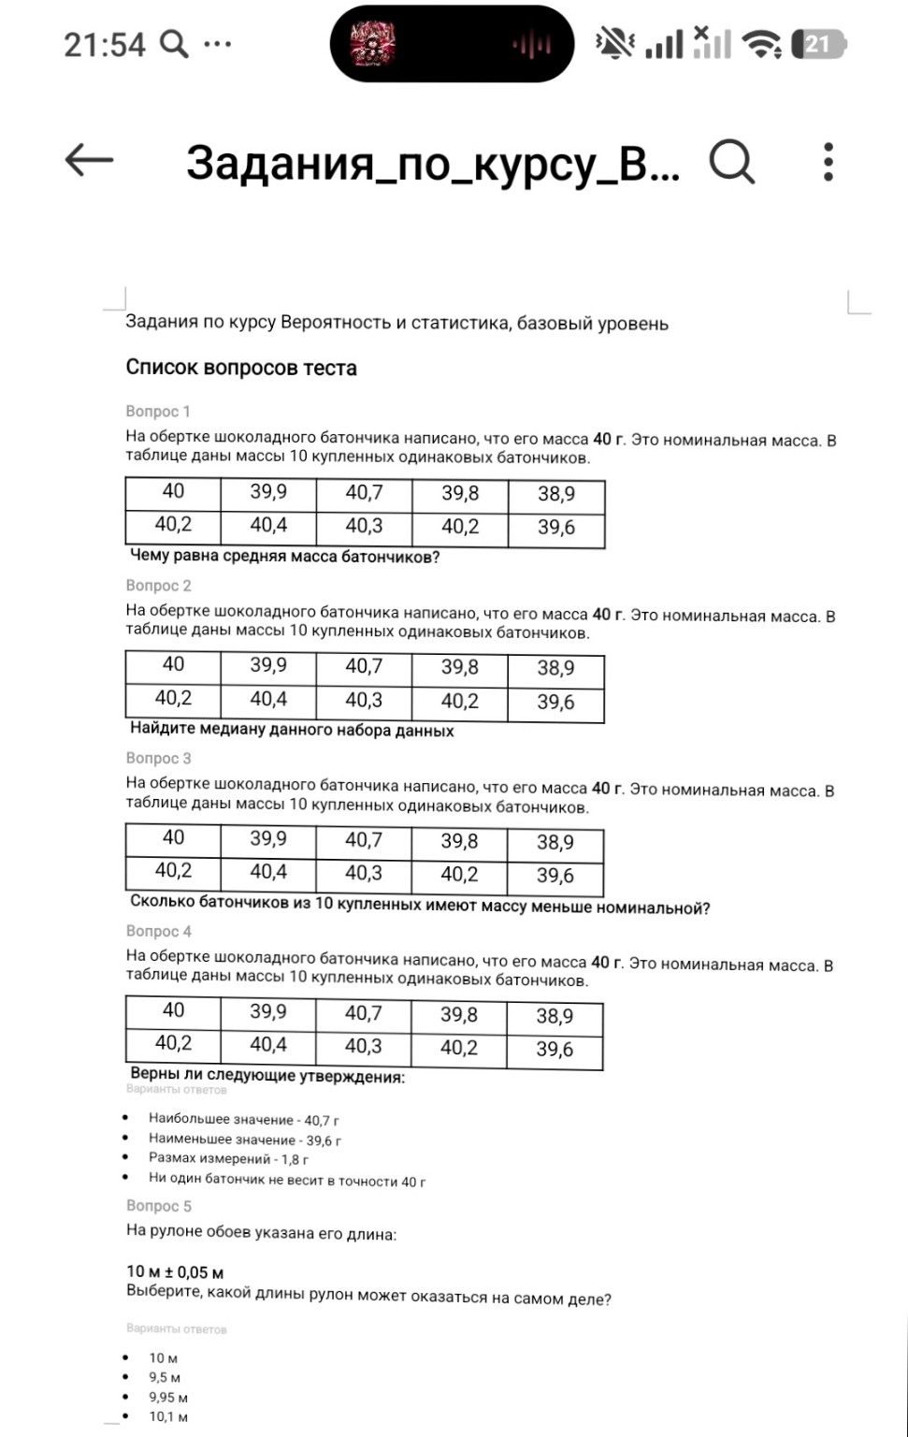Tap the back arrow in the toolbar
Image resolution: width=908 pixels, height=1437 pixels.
coord(89,161)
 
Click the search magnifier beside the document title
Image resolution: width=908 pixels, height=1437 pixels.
coord(731,162)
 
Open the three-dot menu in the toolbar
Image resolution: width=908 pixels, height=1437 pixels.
coord(828,162)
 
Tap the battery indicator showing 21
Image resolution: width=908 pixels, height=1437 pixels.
coord(818,44)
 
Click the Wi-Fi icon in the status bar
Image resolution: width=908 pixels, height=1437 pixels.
coord(761,44)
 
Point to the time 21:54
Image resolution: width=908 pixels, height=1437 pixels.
coord(105,45)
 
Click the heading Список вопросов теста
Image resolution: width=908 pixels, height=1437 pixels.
coord(241,368)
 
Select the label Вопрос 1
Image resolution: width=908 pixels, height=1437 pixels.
coord(158,412)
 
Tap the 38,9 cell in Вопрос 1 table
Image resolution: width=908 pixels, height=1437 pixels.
coord(556,494)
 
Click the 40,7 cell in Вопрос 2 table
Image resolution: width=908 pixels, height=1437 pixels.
coord(364,666)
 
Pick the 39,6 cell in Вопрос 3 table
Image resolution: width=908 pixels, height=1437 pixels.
coord(555,876)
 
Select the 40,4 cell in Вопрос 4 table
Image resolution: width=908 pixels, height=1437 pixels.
coord(268,1044)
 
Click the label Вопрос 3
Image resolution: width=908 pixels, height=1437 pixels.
coord(158,758)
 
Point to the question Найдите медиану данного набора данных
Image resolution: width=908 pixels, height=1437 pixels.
coord(292,730)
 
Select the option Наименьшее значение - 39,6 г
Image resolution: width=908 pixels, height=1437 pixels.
coord(244,1139)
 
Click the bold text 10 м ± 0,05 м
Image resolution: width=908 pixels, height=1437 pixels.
coord(175,1272)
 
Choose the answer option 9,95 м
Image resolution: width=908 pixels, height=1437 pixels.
coord(168,1397)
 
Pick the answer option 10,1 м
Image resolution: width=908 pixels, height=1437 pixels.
coord(168,1416)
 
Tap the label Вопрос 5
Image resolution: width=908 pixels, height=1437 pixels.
coord(158,1206)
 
